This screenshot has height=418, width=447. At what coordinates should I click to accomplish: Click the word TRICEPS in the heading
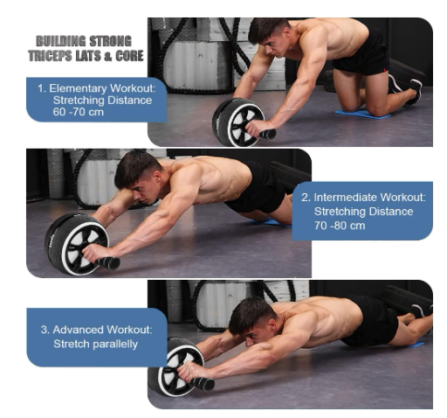pos(51,56)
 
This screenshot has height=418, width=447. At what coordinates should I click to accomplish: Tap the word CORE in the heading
pos(129,56)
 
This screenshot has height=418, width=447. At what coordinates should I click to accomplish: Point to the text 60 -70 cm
pos(78,112)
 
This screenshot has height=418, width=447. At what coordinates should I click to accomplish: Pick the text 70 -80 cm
pos(340,226)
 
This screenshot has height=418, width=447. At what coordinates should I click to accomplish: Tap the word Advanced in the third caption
pos(79,330)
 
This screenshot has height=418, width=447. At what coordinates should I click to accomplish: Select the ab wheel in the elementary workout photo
pos(241,122)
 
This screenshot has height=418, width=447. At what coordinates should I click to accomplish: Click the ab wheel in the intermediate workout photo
pos(79,244)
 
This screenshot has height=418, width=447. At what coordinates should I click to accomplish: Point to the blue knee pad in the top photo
pos(362,115)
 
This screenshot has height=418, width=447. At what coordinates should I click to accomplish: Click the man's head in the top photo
pos(269,37)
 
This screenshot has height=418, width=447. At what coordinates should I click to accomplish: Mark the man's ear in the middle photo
pos(157,177)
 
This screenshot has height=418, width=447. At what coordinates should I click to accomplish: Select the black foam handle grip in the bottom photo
pos(203,385)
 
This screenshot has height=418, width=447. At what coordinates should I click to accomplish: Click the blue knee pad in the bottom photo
pos(414,345)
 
